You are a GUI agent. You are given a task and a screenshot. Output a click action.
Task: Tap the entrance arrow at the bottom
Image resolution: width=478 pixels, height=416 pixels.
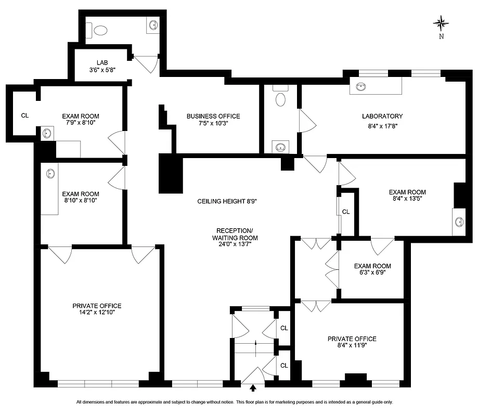click(253, 387)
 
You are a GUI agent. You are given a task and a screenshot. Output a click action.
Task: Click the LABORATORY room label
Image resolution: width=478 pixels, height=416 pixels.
click(382, 116)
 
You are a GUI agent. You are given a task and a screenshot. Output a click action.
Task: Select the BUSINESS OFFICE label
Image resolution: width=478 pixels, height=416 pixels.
click(213, 116)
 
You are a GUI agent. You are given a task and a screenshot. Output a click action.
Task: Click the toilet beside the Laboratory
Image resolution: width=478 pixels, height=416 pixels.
click(281, 99)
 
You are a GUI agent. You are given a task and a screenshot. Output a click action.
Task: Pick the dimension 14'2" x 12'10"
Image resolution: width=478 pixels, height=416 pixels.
click(97, 313)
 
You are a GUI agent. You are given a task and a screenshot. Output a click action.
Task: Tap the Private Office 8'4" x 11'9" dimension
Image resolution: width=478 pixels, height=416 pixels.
click(352, 346)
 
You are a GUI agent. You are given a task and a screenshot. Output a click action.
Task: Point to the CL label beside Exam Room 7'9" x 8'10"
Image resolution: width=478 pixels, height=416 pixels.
click(24, 115)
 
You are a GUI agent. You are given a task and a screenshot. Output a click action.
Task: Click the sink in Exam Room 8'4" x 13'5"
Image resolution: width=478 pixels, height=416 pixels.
click(459, 222)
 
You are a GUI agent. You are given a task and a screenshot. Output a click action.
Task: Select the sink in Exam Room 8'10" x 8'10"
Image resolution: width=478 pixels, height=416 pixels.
click(50, 173)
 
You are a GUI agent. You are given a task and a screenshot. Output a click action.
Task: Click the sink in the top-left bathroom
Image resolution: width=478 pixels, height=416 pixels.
click(153, 25)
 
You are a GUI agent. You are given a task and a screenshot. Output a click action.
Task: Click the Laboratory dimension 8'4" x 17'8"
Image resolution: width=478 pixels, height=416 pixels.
click(382, 124)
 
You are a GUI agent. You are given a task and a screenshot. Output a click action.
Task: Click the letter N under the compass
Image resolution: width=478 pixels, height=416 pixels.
click(441, 36)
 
